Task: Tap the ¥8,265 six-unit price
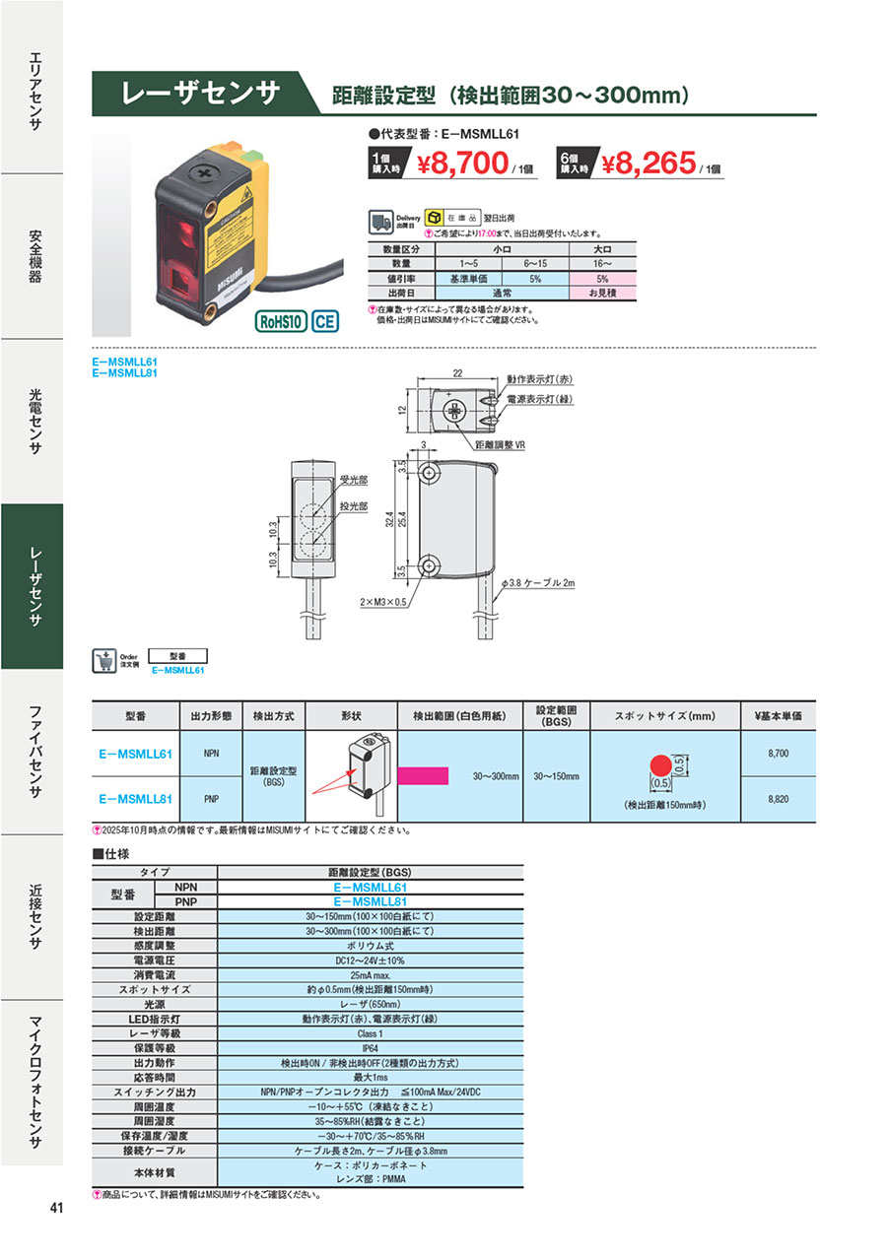(648, 164)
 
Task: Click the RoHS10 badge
(281, 321)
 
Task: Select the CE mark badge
(324, 321)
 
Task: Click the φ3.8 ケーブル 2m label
(538, 584)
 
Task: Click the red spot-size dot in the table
(660, 765)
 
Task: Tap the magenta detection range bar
(424, 775)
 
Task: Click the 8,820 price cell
(778, 799)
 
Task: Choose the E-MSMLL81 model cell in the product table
(136, 799)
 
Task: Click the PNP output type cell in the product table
(211, 799)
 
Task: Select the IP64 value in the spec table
(370, 1049)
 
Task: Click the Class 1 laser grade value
(370, 1034)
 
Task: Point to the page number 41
(56, 1209)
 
